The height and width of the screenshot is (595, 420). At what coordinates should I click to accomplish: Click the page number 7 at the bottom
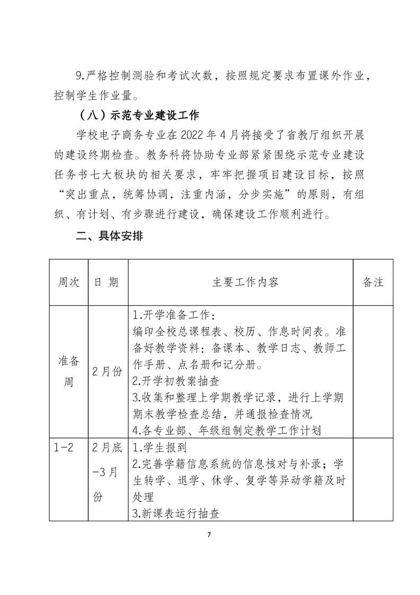click(210, 535)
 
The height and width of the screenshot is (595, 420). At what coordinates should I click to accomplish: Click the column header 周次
click(68, 282)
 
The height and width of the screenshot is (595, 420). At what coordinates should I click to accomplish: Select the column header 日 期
click(108, 282)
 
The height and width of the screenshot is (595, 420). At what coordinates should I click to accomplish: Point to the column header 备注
click(373, 282)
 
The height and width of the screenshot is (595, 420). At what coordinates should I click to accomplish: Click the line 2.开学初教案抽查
click(175, 380)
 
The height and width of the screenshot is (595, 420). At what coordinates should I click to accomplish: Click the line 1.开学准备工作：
click(173, 316)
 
